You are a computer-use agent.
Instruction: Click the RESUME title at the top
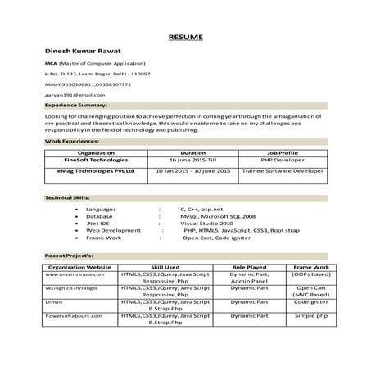[x=185, y=38]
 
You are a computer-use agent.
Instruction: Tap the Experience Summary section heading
[x=76, y=106]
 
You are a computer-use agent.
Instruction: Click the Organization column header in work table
[x=96, y=152]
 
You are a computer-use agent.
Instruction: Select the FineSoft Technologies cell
[x=96, y=160]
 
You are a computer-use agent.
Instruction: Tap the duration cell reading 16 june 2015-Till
[x=192, y=160]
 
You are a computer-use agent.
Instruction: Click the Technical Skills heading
[x=68, y=199]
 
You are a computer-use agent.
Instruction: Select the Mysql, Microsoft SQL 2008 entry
[x=218, y=216]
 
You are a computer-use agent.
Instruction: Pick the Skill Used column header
[x=165, y=268]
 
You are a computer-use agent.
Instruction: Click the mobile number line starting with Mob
[x=88, y=84]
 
